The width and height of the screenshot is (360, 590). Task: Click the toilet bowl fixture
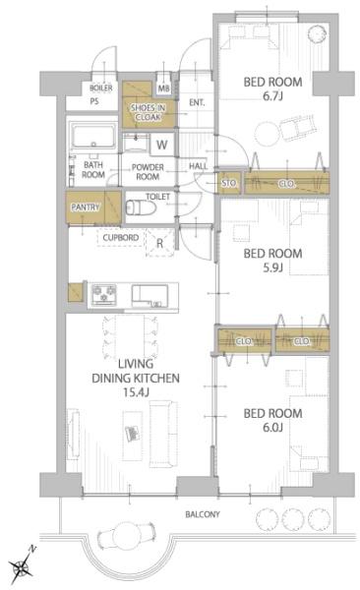point(140,207)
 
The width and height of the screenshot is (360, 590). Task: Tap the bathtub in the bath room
point(94,137)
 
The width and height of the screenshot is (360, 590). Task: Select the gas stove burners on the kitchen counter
point(104,294)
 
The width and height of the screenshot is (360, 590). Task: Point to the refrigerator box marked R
point(160,243)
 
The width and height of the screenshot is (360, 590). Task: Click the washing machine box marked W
point(162,145)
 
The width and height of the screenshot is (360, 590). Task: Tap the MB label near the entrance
point(164,88)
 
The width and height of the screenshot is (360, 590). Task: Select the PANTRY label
point(86,207)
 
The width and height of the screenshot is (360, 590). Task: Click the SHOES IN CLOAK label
point(148,112)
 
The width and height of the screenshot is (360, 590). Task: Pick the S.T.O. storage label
point(229,183)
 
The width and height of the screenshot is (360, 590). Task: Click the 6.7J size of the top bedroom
point(272,96)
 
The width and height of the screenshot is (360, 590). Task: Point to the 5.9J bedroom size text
point(272,267)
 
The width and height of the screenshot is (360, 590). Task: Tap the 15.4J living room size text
point(136,392)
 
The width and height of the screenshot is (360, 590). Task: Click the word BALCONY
point(203,514)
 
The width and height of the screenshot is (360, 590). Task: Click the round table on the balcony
point(125,535)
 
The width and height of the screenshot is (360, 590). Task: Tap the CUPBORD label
point(121,238)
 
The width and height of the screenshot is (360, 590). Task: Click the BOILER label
point(101,88)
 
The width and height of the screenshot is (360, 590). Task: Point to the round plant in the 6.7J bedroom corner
point(318,34)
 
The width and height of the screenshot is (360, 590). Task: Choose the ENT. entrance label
point(197,102)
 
